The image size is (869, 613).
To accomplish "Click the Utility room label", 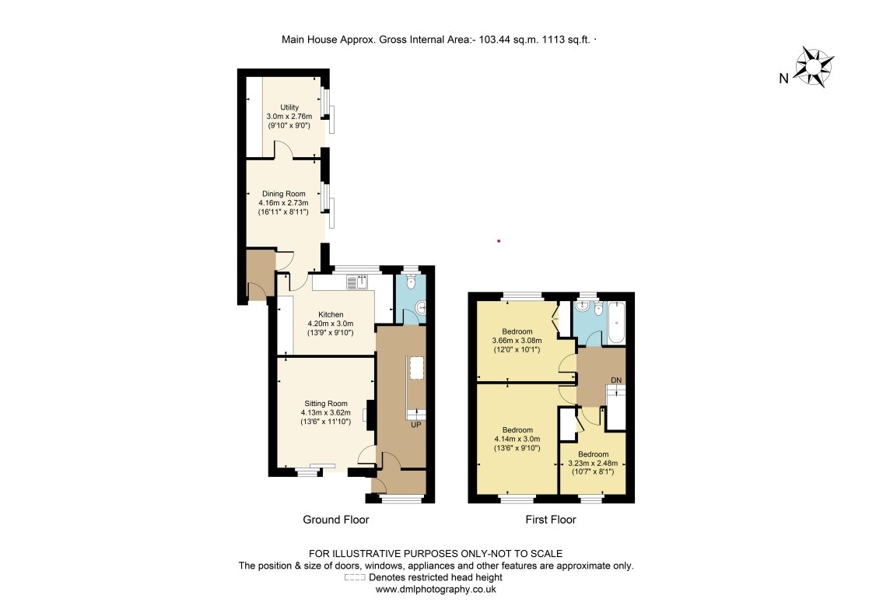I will pos(289,107).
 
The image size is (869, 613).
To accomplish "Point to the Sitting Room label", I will pos(326,403).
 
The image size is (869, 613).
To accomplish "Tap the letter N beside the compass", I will pos(783,78).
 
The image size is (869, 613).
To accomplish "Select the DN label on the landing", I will pos(616,379).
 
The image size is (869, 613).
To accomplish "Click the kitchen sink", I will pos(363,282).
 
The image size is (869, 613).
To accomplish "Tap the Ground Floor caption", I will pos(335,520).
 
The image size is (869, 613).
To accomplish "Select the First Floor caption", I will pos(551,520).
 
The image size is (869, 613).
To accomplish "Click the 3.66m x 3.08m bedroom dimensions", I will pos(517,340).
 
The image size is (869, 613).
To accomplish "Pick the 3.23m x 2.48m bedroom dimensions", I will pos(594,462).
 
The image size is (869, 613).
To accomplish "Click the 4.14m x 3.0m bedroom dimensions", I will pos(517,439).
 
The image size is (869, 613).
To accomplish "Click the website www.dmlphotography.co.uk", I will pos(436,590).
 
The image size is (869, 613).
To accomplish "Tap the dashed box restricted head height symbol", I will pos(354,578).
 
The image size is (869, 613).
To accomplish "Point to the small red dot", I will pos(499,241).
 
